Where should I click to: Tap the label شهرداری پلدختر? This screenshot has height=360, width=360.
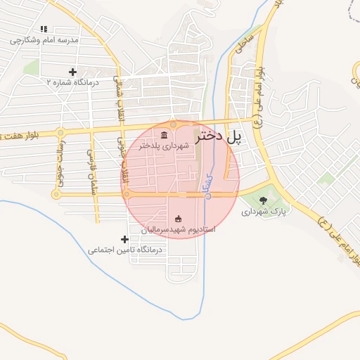(x=165, y=146)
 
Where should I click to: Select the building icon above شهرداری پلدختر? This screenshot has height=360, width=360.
(x=164, y=135)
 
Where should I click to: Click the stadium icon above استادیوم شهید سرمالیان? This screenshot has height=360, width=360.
(x=178, y=218)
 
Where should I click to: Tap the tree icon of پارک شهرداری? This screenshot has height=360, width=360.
(x=263, y=200)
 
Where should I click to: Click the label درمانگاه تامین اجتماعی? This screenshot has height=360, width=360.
(x=125, y=250)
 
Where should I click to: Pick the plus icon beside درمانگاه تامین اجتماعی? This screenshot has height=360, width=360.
(x=125, y=240)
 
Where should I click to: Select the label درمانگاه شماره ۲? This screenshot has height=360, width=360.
(x=73, y=82)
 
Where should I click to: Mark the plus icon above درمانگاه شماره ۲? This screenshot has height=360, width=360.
(x=72, y=72)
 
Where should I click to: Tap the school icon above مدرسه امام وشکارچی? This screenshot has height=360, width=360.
(x=44, y=30)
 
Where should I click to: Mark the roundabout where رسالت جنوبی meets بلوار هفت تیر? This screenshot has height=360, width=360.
(x=61, y=132)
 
